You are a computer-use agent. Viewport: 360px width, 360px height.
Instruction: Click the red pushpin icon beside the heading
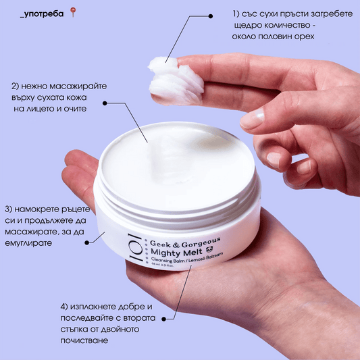click(73, 12)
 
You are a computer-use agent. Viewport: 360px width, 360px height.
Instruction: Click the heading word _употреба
click(42, 14)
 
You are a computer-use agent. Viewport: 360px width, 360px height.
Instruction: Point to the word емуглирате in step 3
click(28, 243)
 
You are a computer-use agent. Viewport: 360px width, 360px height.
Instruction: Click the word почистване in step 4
click(84, 340)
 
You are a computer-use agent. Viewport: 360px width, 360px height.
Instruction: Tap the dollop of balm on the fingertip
click(175, 80)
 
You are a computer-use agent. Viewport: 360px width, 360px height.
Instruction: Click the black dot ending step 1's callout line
click(210, 16)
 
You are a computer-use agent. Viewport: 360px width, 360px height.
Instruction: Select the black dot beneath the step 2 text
click(105, 103)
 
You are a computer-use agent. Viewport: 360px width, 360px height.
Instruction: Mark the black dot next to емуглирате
click(86, 242)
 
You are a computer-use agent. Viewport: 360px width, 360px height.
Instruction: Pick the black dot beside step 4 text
click(164, 319)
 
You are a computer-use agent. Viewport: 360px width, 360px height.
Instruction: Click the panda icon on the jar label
click(209, 249)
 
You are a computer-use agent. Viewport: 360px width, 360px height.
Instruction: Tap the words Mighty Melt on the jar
click(176, 252)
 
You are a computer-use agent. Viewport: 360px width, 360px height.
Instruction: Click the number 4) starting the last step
click(64, 307)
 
